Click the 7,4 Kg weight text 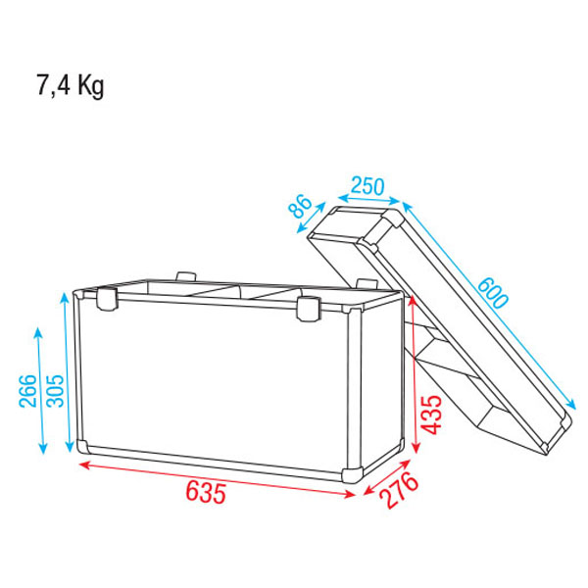coord(71,85)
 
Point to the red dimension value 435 coord(431,415)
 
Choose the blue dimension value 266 coord(28,391)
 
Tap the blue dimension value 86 coord(301,206)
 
